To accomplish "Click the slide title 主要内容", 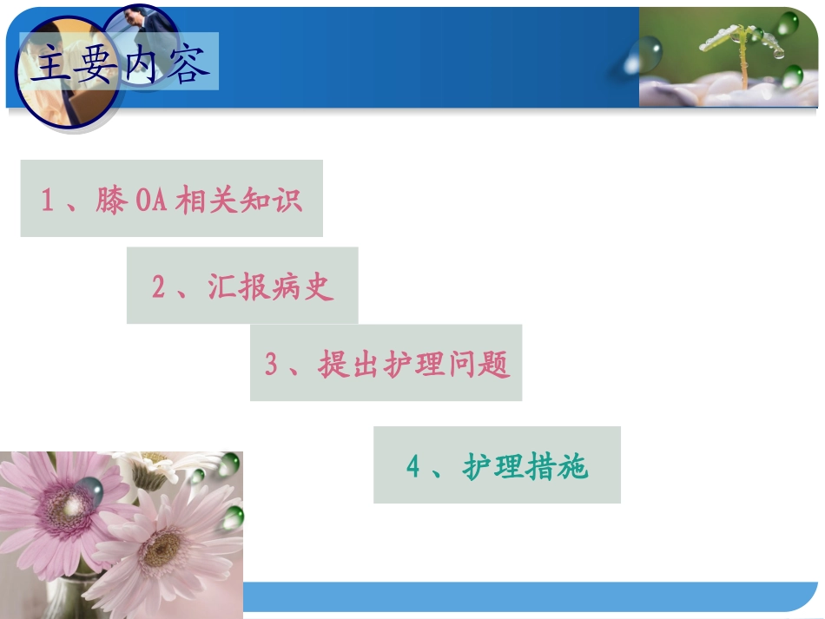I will (119, 65).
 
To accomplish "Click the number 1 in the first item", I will (49, 201).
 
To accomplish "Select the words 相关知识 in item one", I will (239, 201).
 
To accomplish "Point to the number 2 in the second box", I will (158, 287).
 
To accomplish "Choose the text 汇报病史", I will (271, 286).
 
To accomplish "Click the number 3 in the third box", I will (271, 365).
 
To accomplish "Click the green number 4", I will (413, 467).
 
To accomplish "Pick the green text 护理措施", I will (526, 467).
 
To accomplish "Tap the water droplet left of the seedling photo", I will (643, 56).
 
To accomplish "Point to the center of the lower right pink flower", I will (163, 547).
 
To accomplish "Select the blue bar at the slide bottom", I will (530, 597).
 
